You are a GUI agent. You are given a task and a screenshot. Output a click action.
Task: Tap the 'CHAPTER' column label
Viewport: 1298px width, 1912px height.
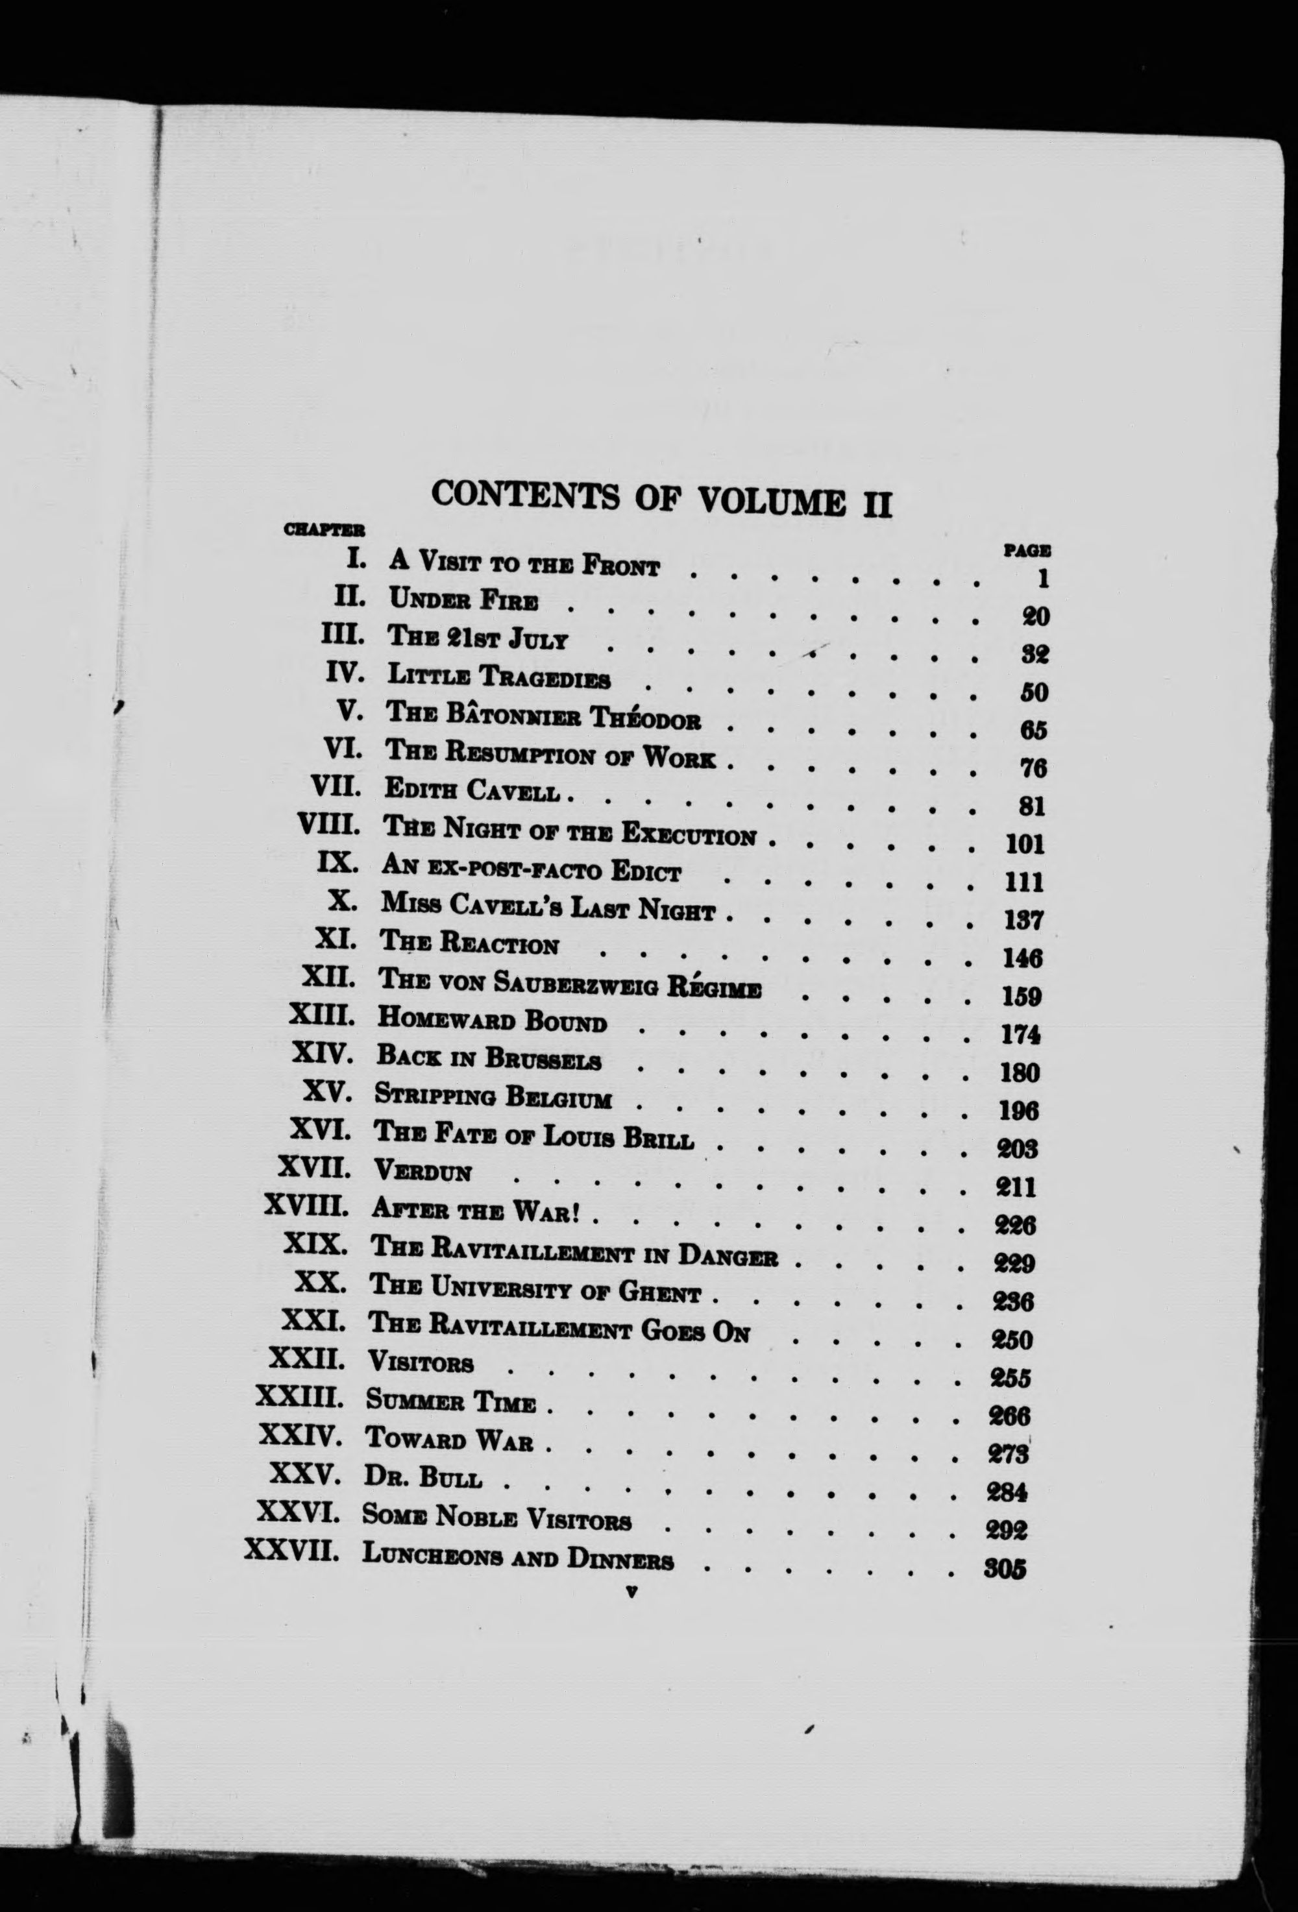324,530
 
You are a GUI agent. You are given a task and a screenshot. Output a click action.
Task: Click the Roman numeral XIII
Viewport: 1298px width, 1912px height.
322,1015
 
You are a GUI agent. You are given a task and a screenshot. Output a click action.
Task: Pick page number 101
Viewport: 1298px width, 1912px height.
1024,844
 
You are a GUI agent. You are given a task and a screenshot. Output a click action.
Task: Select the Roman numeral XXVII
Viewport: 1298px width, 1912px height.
292,1553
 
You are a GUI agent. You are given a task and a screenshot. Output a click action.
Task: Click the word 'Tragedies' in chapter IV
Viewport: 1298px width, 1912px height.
545,679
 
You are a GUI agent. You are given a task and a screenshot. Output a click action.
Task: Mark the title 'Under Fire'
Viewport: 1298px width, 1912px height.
463,601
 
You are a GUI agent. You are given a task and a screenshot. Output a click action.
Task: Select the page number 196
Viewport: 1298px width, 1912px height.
1018,1111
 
